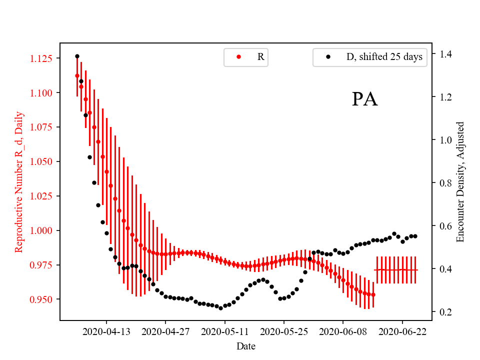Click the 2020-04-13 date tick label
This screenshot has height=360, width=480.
106,331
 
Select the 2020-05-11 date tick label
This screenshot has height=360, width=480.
224,331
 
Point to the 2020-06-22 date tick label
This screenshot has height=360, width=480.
402,331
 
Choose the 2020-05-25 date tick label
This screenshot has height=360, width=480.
284,331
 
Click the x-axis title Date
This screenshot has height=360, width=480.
246,345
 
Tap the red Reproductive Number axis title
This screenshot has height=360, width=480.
19,181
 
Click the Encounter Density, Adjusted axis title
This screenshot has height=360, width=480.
460,181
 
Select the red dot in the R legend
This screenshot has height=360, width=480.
238,57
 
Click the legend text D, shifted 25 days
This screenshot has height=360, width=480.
384,57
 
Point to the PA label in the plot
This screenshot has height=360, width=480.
364,99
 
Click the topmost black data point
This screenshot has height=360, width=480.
77,56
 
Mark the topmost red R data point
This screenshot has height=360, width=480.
77,75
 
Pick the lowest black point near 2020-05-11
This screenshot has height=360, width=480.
220,308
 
